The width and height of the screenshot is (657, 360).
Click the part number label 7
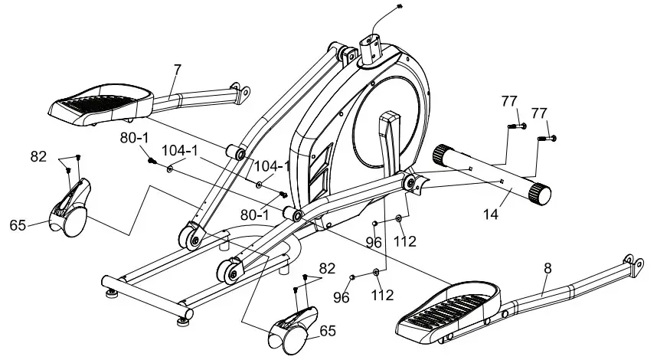[177, 70]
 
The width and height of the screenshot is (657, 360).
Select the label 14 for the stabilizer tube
[491, 215]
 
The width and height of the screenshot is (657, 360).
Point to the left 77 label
[510, 101]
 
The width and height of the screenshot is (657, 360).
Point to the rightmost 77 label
[541, 113]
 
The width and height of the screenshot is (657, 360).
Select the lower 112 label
[383, 294]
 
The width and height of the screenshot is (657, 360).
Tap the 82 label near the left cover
[38, 155]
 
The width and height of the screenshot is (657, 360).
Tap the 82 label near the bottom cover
[327, 270]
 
